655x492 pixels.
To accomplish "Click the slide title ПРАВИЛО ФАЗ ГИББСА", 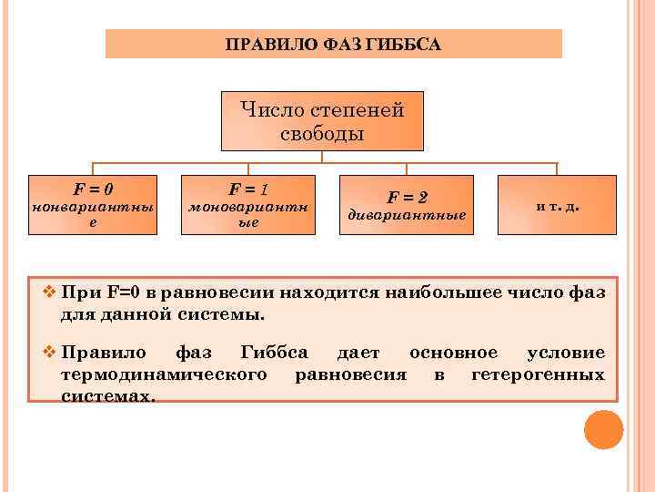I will tap(334, 45).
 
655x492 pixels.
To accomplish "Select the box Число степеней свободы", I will tap(322, 121).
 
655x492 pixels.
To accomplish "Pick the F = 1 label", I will tap(247, 190).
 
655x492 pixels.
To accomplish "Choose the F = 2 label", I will tap(408, 197).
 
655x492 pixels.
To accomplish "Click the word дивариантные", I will tap(408, 215).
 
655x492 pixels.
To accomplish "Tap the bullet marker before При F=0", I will tap(49, 293).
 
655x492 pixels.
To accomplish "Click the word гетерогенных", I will tap(538, 374).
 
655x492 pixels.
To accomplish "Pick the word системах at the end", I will tap(107, 395).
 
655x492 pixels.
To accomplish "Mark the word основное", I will tap(453, 353).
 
